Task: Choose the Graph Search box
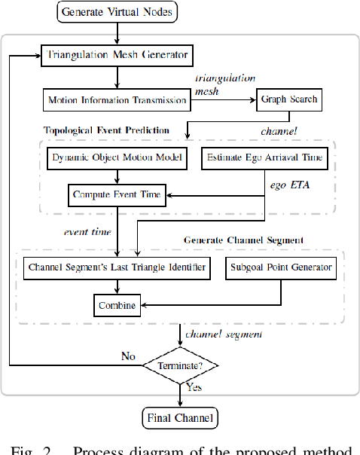pyautogui.click(x=290, y=99)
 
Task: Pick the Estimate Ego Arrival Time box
pyautogui.click(x=265, y=158)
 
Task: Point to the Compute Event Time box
pyautogui.click(x=116, y=194)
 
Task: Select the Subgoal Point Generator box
pyautogui.click(x=280, y=267)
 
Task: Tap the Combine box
pyautogui.click(x=117, y=304)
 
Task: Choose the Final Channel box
pyautogui.click(x=181, y=417)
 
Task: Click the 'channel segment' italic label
pyautogui.click(x=223, y=332)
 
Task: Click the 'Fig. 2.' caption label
pyautogui.click(x=33, y=450)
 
